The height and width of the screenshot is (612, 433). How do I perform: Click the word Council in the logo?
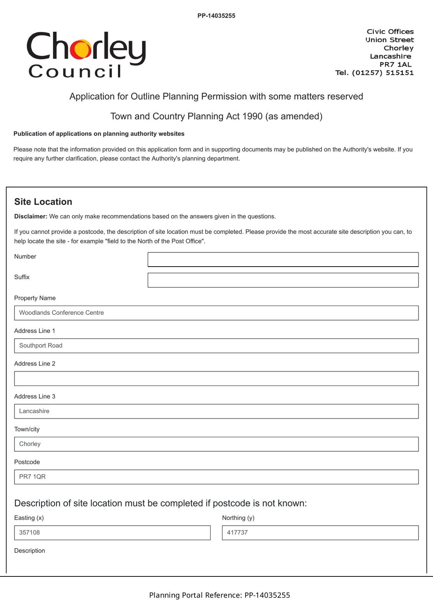pyautogui.click(x=75, y=72)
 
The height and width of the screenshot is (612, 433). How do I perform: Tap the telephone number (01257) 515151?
pyautogui.click(x=382, y=73)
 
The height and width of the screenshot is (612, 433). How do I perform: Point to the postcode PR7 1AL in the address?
pyautogui.click(x=395, y=64)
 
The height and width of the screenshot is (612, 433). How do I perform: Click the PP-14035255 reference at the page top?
pyautogui.click(x=216, y=16)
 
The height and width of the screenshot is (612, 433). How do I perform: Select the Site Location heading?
pyautogui.click(x=43, y=202)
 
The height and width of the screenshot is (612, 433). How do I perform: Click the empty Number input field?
pyautogui.click(x=283, y=259)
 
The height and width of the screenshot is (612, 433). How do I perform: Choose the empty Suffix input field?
pyautogui.click(x=283, y=280)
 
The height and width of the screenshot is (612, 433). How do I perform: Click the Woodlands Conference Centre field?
pyautogui.click(x=216, y=313)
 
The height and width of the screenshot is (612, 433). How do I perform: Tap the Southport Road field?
pyautogui.click(x=216, y=346)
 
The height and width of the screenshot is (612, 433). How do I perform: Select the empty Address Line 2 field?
pyautogui.click(x=216, y=378)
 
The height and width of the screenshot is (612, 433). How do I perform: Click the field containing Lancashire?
pyautogui.click(x=216, y=411)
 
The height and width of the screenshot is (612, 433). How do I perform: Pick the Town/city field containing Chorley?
pyautogui.click(x=216, y=444)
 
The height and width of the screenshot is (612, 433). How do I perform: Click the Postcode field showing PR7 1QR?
pyautogui.click(x=216, y=477)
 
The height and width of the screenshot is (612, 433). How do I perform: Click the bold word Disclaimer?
pyautogui.click(x=31, y=216)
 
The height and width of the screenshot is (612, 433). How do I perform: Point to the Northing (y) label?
pyautogui.click(x=238, y=518)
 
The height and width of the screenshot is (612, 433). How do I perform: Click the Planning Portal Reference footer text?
pyautogui.click(x=219, y=595)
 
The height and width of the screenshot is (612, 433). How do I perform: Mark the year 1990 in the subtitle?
pyautogui.click(x=253, y=116)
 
